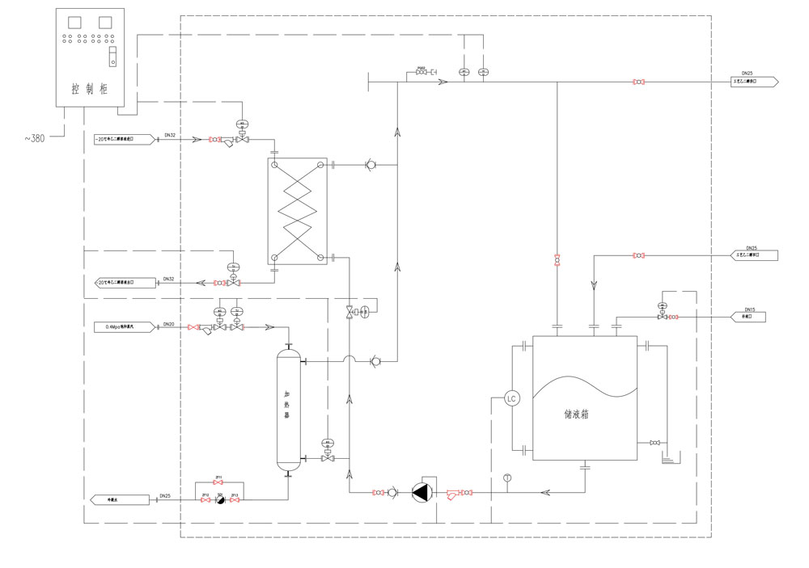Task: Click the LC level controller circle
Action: click(x=511, y=398)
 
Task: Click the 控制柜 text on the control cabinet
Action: click(x=90, y=89)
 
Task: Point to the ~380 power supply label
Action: click(x=33, y=138)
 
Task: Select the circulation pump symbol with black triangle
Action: click(x=422, y=492)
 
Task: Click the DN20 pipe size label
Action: click(x=169, y=324)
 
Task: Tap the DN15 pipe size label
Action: click(x=749, y=310)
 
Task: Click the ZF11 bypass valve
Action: click(x=218, y=483)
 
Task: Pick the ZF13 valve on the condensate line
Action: click(x=235, y=501)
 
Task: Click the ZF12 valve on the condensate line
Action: click(x=205, y=501)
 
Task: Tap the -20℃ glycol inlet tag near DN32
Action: click(x=123, y=140)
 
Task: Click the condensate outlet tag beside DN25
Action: click(x=120, y=500)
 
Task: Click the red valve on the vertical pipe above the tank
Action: click(x=557, y=259)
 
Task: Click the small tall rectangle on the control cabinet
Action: click(x=113, y=57)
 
